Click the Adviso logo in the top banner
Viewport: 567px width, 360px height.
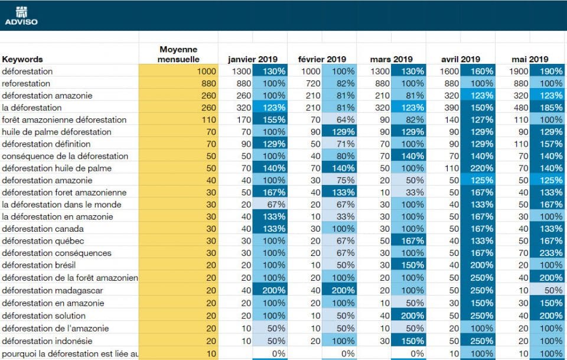21,15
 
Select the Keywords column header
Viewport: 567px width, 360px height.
22,59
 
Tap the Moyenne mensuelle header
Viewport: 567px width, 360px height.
178,54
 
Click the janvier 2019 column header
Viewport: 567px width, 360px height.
252,59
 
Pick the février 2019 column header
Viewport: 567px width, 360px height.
322,59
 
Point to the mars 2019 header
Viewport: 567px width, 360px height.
391,59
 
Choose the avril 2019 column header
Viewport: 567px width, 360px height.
461,59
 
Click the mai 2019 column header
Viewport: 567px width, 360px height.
530,59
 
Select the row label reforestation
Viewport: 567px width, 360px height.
26,83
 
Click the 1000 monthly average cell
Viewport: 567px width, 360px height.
178,71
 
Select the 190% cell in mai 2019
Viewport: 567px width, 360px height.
548,71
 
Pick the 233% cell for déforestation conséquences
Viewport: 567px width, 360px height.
548,253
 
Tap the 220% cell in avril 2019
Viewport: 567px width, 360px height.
478,168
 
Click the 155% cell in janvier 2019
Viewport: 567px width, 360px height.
270,120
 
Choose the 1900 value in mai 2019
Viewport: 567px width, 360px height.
513,71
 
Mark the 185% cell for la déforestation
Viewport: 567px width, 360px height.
548,108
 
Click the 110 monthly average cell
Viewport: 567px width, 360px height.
178,120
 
